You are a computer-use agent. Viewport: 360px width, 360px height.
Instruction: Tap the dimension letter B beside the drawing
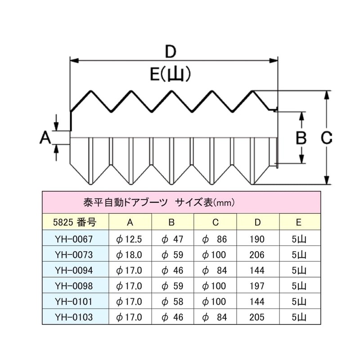click(301, 137)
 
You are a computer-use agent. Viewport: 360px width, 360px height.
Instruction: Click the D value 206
click(258, 255)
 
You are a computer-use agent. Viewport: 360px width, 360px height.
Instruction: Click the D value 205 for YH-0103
click(258, 317)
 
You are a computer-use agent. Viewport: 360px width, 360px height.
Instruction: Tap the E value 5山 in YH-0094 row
click(299, 270)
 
